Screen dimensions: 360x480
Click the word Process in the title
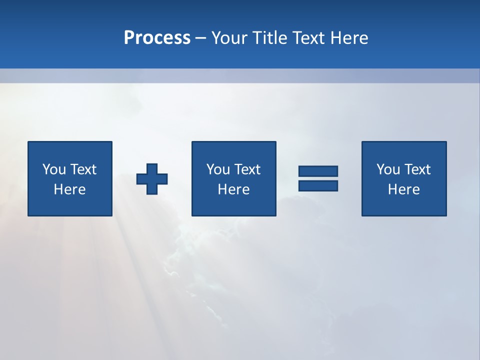(157, 38)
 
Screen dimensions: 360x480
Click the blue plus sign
(152, 179)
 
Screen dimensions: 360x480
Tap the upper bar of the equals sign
(318, 171)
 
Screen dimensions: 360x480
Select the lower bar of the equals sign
(318, 185)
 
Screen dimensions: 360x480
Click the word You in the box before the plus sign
(53, 169)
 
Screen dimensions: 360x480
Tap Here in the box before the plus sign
(69, 189)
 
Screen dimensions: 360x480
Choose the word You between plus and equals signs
(217, 169)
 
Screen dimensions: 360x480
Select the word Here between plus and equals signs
(233, 189)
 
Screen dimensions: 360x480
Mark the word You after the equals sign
(387, 169)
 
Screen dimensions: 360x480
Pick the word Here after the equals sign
(403, 189)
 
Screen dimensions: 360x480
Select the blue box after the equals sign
(404, 205)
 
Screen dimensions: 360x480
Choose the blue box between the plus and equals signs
(233, 205)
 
